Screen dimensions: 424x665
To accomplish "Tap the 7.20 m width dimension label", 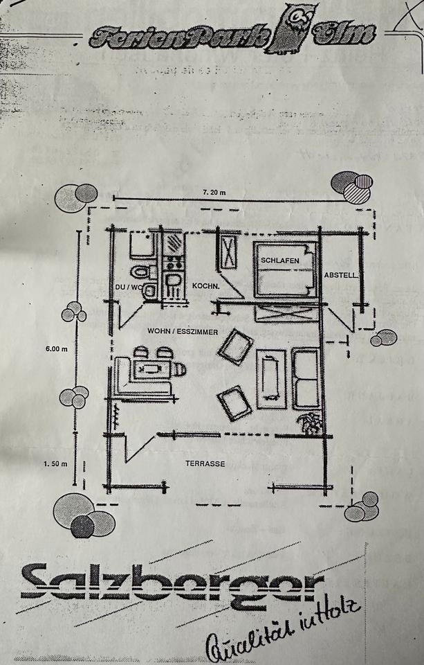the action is (214, 192).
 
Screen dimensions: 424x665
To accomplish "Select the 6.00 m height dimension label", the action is (58, 348).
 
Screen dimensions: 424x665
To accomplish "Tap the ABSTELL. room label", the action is (341, 275).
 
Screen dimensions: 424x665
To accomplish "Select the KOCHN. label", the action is (205, 285).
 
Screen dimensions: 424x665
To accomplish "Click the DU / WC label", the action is (129, 285).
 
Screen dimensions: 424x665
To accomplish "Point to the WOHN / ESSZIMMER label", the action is (183, 332).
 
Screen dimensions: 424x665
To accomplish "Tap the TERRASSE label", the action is (205, 463).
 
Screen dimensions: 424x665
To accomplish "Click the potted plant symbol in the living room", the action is (310, 421).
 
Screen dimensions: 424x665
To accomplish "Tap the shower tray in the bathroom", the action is (141, 244).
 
